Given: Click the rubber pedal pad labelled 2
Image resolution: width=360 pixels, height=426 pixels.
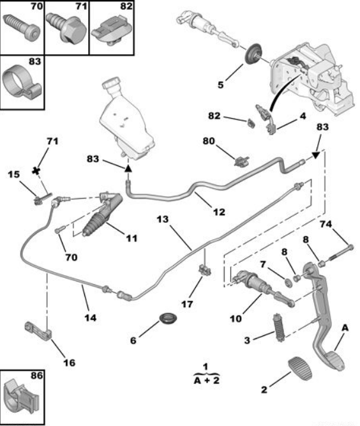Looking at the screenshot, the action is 299,368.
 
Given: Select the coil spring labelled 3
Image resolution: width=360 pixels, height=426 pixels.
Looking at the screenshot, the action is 279,327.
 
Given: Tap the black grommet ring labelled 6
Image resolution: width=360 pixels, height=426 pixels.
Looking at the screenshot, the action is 168,318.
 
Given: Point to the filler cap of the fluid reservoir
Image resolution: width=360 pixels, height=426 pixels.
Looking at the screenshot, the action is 111,84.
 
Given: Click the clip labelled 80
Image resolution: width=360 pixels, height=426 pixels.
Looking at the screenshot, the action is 241,161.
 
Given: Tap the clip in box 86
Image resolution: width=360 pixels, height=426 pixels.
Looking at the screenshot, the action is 22,393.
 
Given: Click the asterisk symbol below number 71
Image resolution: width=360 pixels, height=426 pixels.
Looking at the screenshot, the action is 36,171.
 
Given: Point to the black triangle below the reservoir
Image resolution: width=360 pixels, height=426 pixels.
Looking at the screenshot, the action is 128,169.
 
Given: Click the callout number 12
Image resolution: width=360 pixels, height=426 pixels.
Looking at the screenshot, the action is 219,211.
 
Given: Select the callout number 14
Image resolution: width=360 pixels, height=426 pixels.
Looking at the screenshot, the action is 90,317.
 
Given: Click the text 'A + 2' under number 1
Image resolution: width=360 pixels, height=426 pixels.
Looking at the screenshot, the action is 207,380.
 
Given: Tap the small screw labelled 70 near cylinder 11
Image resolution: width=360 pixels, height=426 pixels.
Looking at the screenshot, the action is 59,229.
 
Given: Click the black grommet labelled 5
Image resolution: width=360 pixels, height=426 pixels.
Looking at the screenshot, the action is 253,53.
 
